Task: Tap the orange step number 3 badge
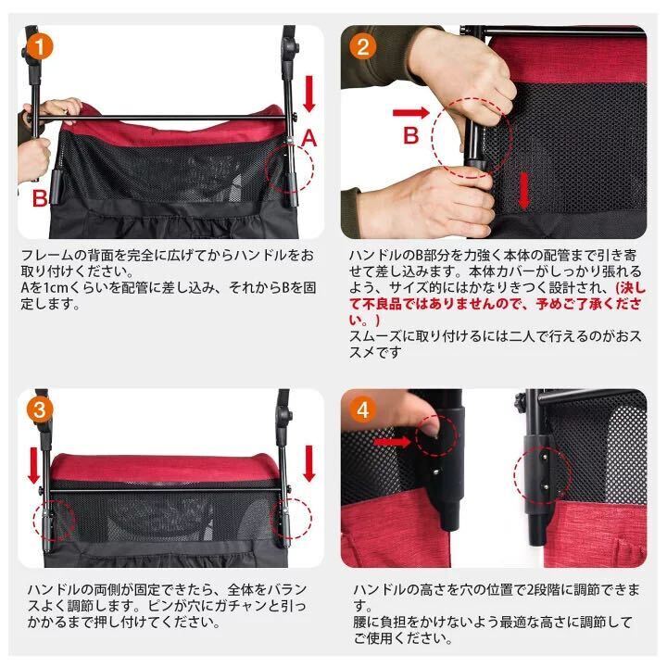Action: (38, 409)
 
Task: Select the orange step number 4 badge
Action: (363, 409)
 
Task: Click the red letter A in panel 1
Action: (309, 140)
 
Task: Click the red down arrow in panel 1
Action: (308, 93)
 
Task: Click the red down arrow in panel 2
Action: (525, 189)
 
